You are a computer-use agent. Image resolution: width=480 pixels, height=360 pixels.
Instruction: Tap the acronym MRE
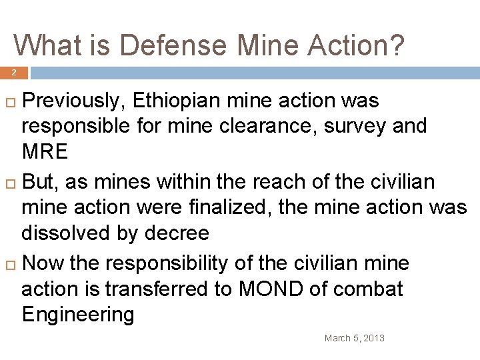[x=45, y=152]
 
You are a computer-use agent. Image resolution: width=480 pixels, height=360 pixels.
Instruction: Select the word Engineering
[x=78, y=315]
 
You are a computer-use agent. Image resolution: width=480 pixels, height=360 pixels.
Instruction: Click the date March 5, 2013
[x=354, y=339]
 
